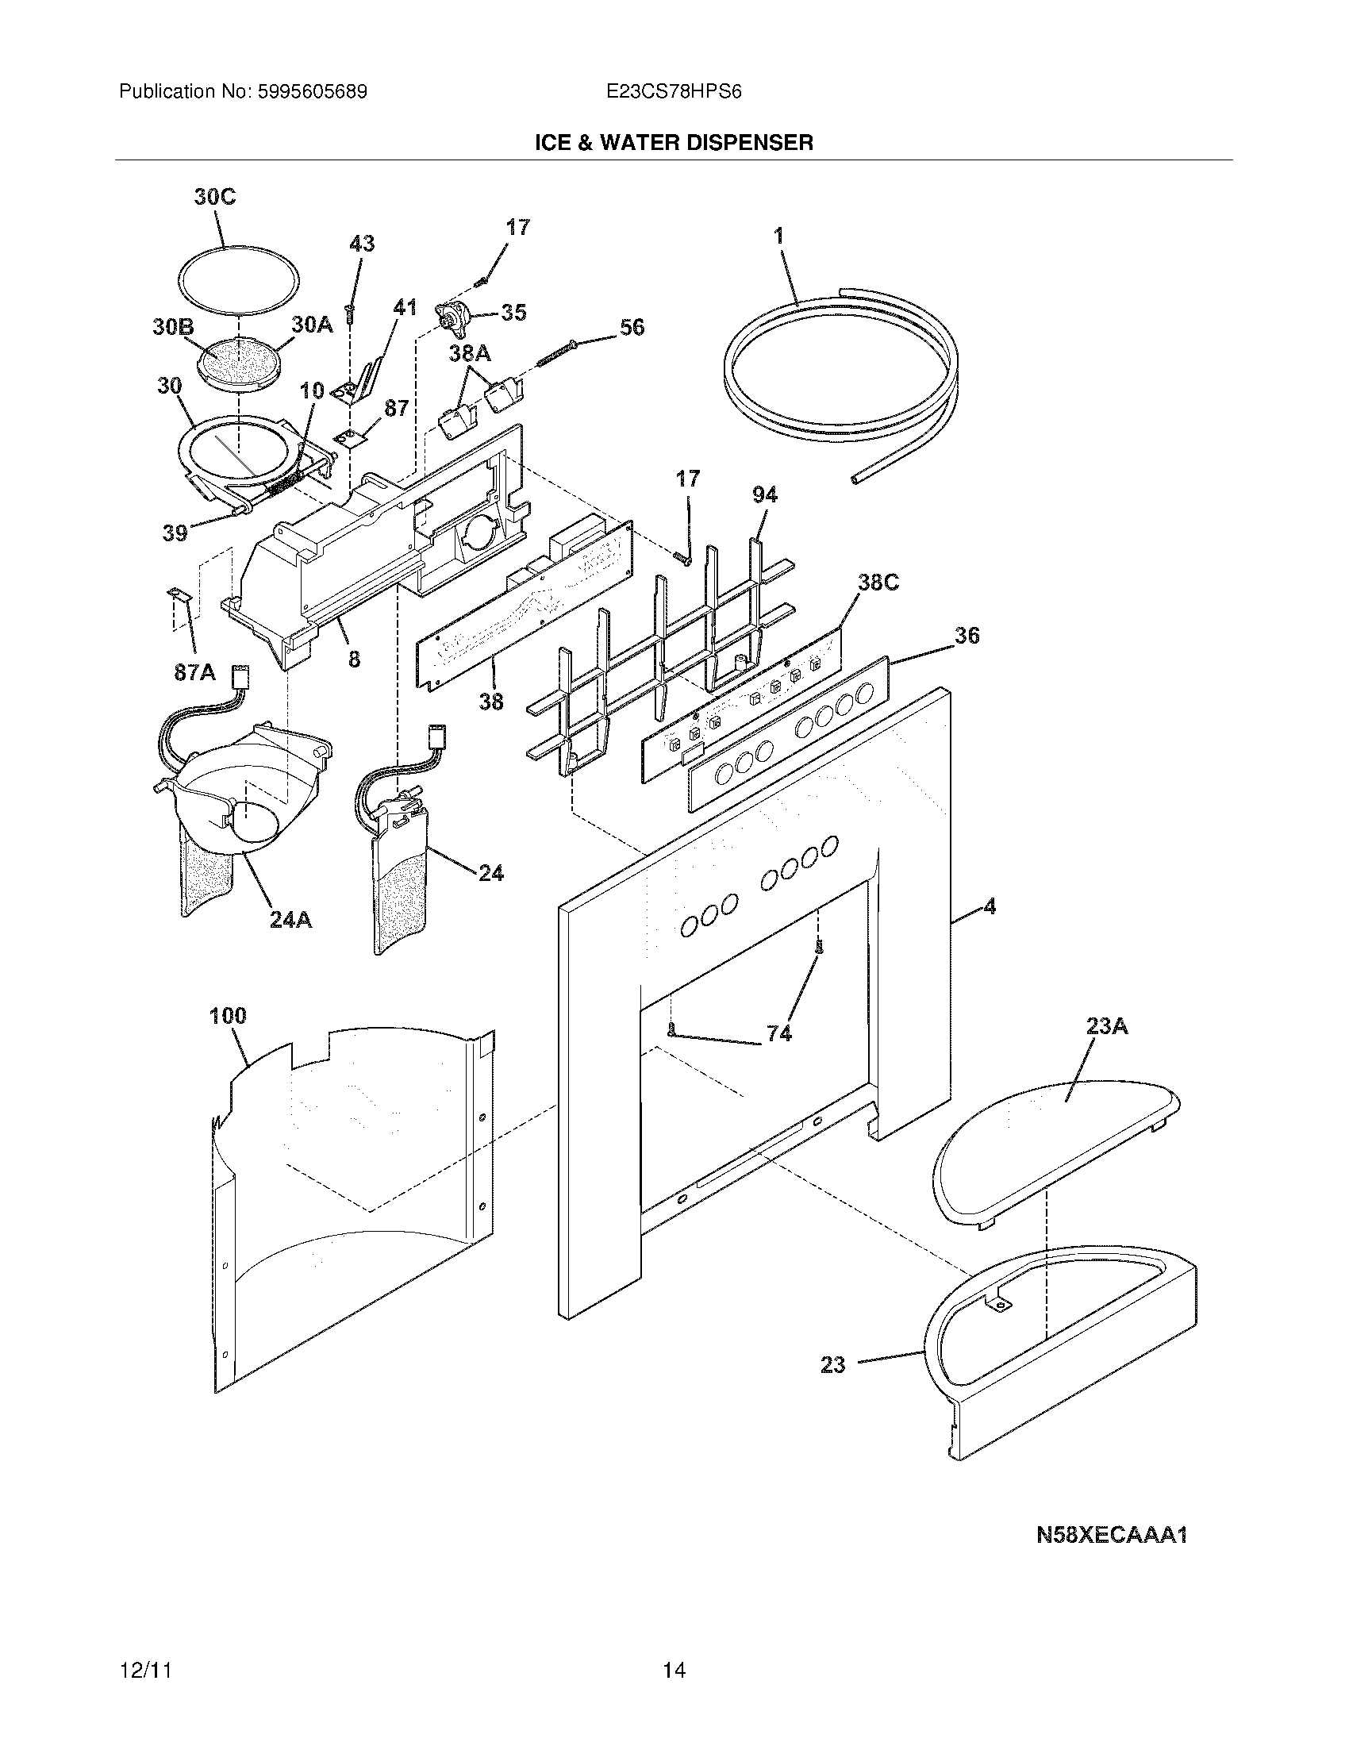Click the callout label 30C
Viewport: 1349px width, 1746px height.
[215, 198]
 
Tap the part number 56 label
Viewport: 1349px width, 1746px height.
[632, 327]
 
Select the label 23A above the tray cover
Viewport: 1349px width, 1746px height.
[1107, 1025]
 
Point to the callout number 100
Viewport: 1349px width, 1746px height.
[228, 1016]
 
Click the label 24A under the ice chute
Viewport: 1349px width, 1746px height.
[290, 920]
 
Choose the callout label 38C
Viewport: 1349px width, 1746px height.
[878, 583]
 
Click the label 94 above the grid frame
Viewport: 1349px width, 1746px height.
[764, 495]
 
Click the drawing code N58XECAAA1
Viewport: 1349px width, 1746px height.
[1111, 1535]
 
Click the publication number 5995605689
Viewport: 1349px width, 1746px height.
[312, 92]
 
